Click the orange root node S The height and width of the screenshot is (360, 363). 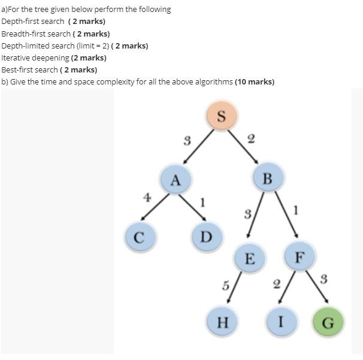221,116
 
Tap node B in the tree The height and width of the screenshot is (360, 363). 267,178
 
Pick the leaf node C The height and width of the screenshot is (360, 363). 138,236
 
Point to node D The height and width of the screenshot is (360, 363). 207,236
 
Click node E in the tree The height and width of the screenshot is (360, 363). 249,258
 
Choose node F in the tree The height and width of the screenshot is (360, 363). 300,256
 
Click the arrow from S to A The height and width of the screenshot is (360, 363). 197,146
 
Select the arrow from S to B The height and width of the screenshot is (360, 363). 243,146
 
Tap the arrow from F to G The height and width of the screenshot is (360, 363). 316,289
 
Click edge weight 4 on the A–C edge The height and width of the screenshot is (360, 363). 146,196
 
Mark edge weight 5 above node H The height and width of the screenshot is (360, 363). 225,286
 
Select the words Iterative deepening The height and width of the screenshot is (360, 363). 35,58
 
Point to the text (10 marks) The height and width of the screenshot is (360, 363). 255,82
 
